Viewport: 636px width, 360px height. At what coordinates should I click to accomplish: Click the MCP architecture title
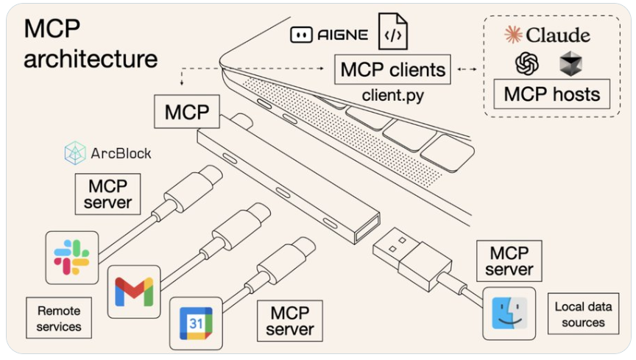pyautogui.click(x=90, y=44)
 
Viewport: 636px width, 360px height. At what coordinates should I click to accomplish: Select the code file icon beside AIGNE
pyautogui.click(x=392, y=32)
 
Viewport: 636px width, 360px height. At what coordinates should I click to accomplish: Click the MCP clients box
pyautogui.click(x=392, y=70)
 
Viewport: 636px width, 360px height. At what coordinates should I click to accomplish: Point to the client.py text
pyautogui.click(x=392, y=95)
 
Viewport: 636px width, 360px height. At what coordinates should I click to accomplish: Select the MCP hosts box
pyautogui.click(x=551, y=94)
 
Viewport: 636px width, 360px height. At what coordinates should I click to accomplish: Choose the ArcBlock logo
pyautogui.click(x=107, y=153)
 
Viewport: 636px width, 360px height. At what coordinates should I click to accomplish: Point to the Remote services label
pyautogui.click(x=59, y=318)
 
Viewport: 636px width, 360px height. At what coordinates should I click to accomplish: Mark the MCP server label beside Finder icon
pyautogui.click(x=509, y=262)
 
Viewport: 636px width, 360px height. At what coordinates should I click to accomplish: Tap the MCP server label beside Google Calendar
pyautogui.click(x=290, y=320)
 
